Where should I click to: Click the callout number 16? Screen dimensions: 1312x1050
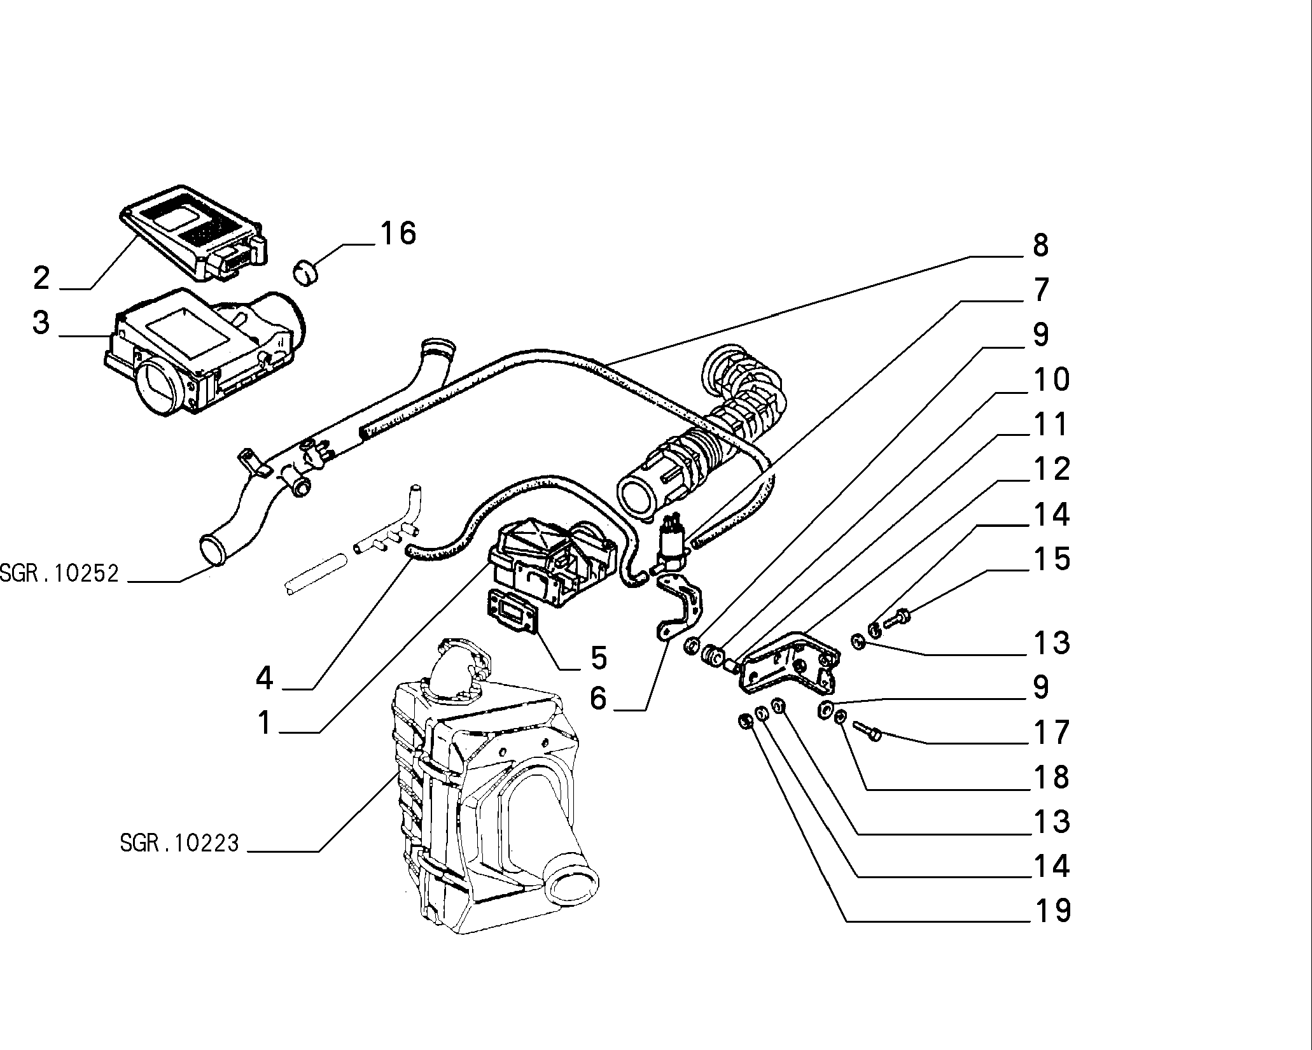click(398, 233)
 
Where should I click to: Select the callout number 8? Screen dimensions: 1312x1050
click(1040, 245)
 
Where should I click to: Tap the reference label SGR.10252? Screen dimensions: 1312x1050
click(59, 574)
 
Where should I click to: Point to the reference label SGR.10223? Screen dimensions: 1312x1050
click(179, 844)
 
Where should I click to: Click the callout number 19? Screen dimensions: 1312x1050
click(1052, 911)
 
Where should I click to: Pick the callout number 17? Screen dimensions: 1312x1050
click(1052, 732)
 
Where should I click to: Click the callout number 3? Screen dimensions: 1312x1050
click(41, 322)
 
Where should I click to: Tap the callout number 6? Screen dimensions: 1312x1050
click(599, 698)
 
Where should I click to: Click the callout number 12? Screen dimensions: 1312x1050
click(1052, 469)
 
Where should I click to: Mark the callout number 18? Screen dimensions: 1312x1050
click(1052, 777)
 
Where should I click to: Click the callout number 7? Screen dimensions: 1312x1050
click(1040, 290)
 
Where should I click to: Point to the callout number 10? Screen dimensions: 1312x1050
click(1052, 379)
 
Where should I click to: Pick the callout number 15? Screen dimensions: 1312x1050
click(1052, 559)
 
